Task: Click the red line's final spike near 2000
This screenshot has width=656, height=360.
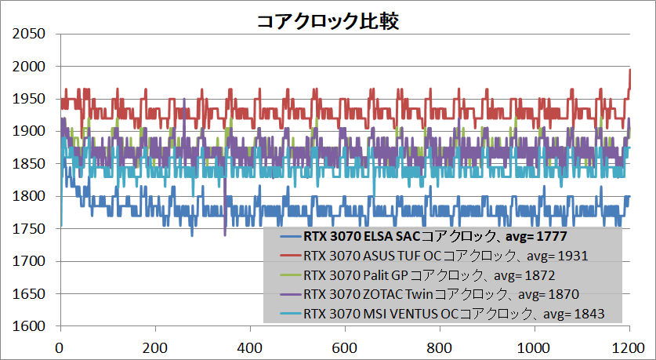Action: tap(630, 71)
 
